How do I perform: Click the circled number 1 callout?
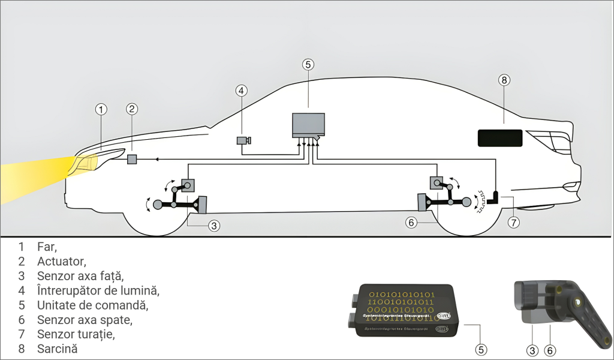click(x=101, y=109)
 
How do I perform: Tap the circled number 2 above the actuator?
click(x=133, y=109)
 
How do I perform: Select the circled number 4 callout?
click(x=241, y=91)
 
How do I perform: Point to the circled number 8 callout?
click(x=504, y=80)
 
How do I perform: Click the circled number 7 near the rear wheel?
click(x=513, y=222)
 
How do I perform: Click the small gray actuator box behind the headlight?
click(x=133, y=159)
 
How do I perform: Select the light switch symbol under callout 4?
click(x=243, y=140)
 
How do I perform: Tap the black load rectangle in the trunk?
click(x=500, y=137)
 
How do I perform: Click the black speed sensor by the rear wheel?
click(x=496, y=197)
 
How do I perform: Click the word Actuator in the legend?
click(x=61, y=261)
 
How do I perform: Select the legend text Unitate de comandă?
click(x=92, y=305)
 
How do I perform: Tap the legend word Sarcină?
click(x=58, y=349)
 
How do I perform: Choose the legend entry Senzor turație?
click(x=76, y=334)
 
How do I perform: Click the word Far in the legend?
click(x=46, y=247)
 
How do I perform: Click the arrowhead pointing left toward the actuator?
click(x=156, y=159)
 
